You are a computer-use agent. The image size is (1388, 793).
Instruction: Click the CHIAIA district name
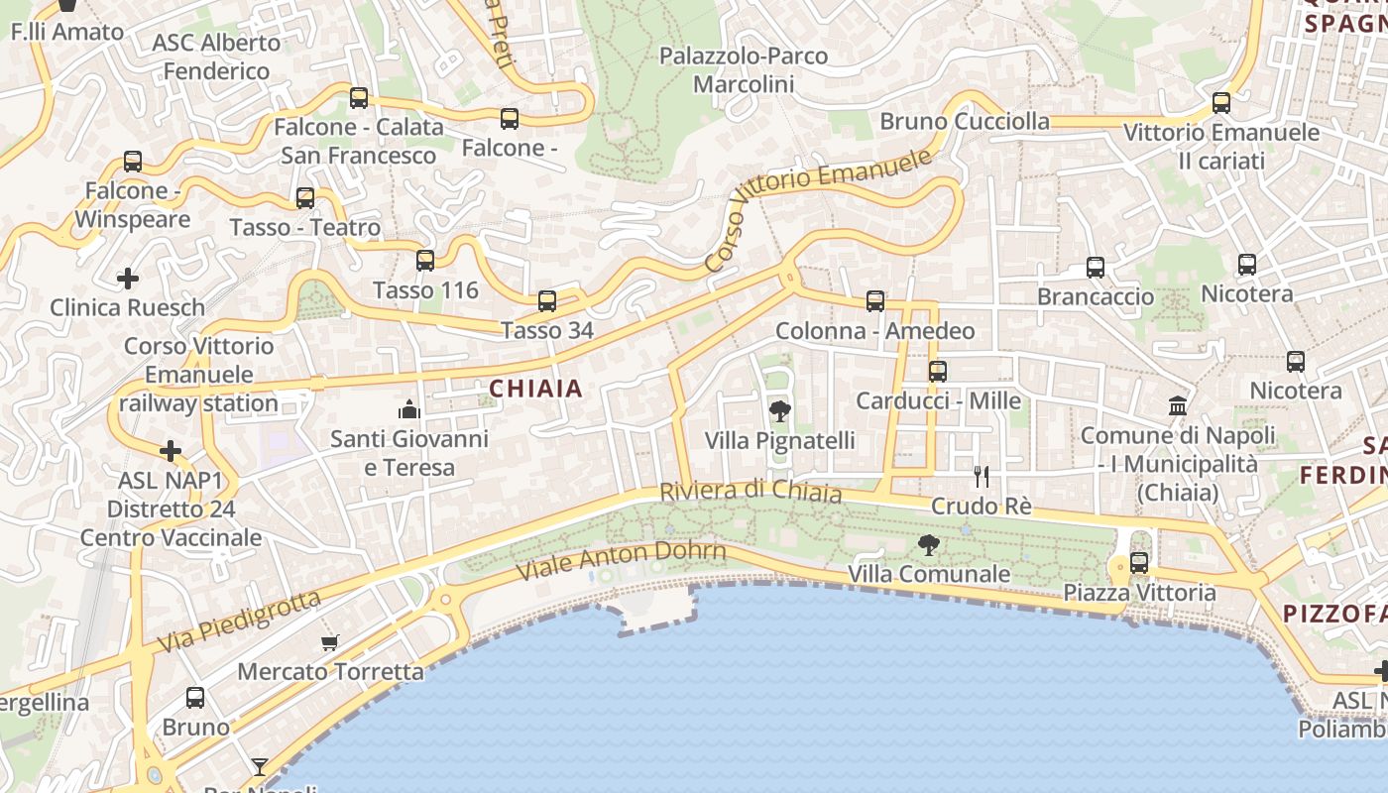click(535, 389)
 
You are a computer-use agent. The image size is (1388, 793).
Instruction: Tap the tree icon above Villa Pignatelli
click(780, 410)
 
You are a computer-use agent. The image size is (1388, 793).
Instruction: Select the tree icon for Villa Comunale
click(929, 544)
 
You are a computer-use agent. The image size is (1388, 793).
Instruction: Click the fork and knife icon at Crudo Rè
click(982, 477)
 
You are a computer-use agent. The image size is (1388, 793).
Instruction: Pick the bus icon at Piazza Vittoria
click(1139, 563)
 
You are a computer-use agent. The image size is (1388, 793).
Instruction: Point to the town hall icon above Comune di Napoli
click(1178, 405)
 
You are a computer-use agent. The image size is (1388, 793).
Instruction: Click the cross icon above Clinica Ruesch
click(128, 279)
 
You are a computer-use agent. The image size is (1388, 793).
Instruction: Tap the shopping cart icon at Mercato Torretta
click(330, 642)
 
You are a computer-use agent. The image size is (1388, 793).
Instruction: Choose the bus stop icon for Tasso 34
click(546, 300)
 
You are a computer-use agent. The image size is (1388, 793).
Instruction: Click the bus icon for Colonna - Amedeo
click(874, 300)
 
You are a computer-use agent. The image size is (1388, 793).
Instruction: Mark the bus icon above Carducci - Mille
click(938, 372)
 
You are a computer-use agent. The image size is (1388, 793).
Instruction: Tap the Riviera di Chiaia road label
click(751, 492)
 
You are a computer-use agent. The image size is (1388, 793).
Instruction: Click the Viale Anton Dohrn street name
click(622, 562)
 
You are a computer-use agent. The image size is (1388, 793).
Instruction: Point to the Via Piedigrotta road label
click(240, 622)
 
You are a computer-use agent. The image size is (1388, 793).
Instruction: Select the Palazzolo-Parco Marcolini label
click(744, 69)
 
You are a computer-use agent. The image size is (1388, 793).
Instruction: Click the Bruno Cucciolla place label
click(965, 121)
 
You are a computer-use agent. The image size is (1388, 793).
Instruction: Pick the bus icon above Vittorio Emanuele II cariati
click(1221, 102)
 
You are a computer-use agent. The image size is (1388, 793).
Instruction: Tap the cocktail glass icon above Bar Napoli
click(260, 766)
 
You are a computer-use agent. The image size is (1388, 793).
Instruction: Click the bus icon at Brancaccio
click(1096, 267)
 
